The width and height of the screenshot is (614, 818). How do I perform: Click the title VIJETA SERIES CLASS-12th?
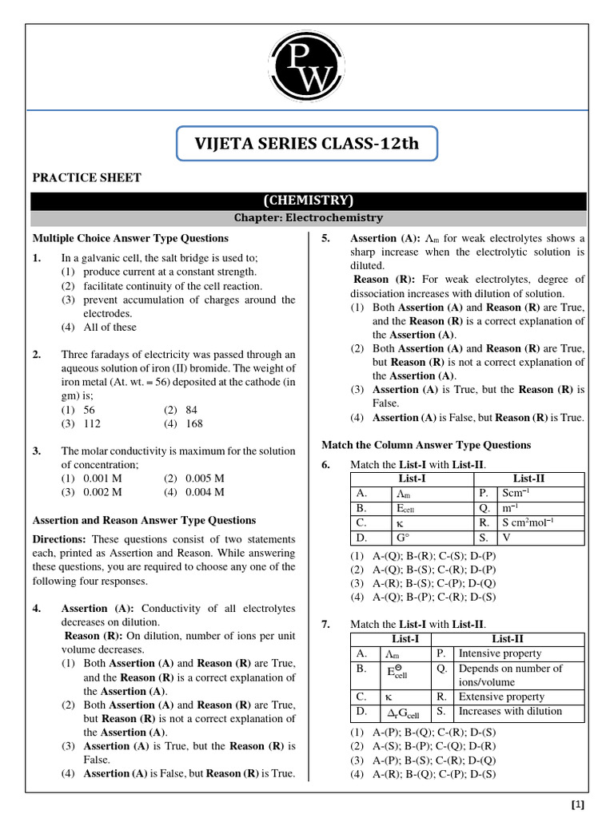[307, 145]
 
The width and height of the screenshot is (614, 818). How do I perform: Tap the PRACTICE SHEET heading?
[86, 177]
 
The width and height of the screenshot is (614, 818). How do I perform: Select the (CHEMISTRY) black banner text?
[308, 201]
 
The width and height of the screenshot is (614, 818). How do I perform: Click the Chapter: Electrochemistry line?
[308, 217]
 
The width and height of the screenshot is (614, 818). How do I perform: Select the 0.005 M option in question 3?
[204, 478]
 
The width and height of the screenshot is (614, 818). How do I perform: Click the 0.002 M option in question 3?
[102, 492]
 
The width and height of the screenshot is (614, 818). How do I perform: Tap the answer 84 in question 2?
[191, 410]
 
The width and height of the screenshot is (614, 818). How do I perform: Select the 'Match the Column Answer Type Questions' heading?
[425, 445]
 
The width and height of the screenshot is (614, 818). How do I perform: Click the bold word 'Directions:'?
[58, 539]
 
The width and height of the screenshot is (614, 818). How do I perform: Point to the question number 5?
[325, 238]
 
